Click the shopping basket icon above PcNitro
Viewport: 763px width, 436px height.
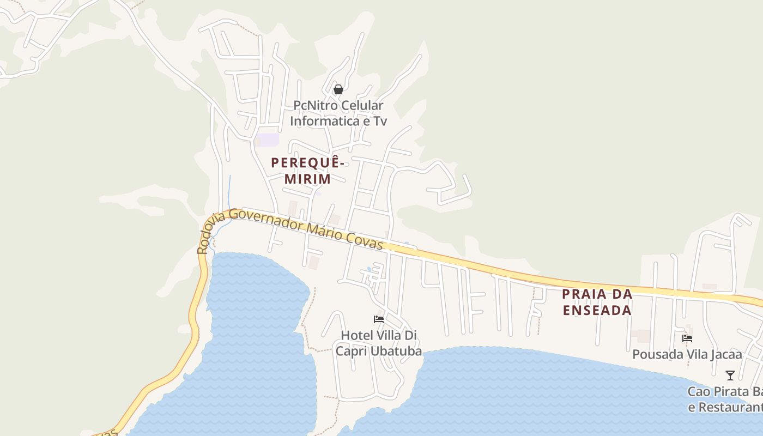pyautogui.click(x=338, y=89)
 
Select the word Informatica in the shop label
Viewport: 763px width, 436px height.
pyautogui.click(x=322, y=120)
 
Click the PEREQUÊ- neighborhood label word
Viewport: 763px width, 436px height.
pyautogui.click(x=308, y=162)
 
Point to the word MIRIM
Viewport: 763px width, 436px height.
pyautogui.click(x=307, y=179)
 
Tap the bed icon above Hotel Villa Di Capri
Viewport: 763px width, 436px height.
pyautogui.click(x=379, y=319)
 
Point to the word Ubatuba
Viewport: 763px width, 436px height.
pyautogui.click(x=396, y=352)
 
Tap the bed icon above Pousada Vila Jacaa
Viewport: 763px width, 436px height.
pyautogui.click(x=687, y=338)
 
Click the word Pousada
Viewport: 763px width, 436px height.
pyautogui.click(x=654, y=355)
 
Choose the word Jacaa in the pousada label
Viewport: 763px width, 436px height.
pyautogui.click(x=724, y=355)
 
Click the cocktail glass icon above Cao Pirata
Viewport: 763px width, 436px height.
pyautogui.click(x=730, y=376)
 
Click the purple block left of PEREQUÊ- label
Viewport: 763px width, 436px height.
pyautogui.click(x=269, y=140)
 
